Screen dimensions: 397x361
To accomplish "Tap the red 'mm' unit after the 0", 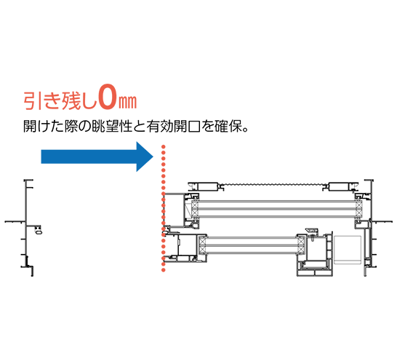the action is point(128,102).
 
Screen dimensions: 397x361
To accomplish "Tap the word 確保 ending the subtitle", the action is point(228,126).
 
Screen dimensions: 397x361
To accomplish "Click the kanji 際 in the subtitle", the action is point(71,126).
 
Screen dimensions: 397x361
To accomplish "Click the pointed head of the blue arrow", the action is point(153,156).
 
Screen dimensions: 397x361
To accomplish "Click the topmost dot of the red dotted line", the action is point(164,146).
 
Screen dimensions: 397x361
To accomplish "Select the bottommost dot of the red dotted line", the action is point(164,270).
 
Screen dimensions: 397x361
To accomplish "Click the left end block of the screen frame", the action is point(204,186).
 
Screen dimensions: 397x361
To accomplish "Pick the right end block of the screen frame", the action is point(343,186).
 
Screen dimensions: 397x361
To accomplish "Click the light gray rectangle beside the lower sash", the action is point(348,250).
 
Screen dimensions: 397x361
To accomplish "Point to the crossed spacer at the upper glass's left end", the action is point(195,210).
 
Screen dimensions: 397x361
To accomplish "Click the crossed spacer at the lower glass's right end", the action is point(300,245).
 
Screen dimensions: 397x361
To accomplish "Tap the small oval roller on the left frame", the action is point(39,231).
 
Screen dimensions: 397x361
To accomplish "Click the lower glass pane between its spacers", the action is point(251,245).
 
